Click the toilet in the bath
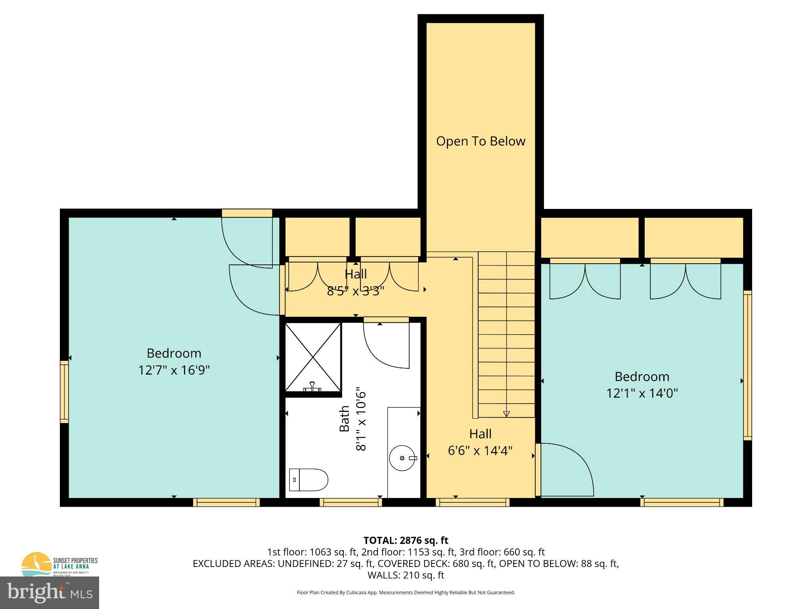click(308, 479)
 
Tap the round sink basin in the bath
click(402, 458)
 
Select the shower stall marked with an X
click(313, 357)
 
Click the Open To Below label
click(481, 141)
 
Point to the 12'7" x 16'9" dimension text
click(174, 370)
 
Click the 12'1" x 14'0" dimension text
click(642, 393)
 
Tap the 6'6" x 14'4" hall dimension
click(480, 451)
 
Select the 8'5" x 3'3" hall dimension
click(355, 291)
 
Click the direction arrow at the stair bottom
click(506, 414)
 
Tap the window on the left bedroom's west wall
click(64, 392)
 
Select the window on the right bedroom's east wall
click(747, 365)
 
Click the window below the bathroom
click(351, 502)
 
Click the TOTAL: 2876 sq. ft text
click(406, 540)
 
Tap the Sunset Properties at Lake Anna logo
click(59, 563)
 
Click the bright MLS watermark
click(50, 593)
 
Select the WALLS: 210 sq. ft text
click(406, 575)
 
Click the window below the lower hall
click(472, 502)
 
